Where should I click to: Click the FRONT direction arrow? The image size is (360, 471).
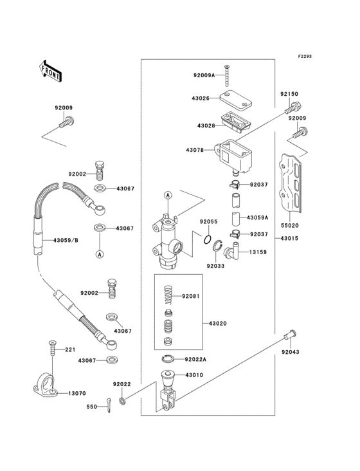pos(50,71)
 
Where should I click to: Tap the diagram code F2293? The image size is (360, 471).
pos(305,56)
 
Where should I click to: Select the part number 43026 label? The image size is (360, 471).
pos(201,98)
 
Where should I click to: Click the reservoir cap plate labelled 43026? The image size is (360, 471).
pos(235,99)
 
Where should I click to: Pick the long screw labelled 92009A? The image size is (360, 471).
pos(227,75)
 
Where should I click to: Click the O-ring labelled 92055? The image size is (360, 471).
pos(207,240)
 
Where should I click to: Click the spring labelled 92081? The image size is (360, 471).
pos(168,296)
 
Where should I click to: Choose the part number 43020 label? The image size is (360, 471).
pos(218,324)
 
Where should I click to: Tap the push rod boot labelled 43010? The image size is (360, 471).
pos(168,378)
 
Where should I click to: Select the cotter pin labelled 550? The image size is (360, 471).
pos(109,405)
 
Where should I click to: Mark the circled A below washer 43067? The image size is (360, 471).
pos(100,254)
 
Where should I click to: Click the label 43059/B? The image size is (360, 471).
pos(66,240)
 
